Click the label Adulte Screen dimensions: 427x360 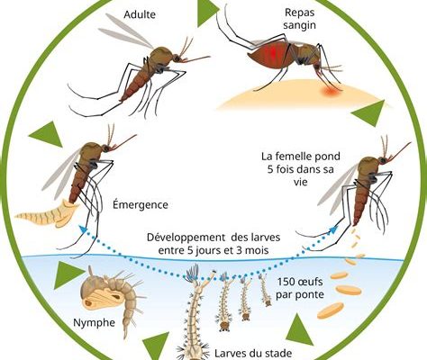click(x=140, y=14)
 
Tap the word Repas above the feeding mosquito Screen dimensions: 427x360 click(x=299, y=13)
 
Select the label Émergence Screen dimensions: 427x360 click(x=141, y=205)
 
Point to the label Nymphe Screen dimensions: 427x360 click(x=94, y=323)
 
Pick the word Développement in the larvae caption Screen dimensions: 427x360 click(x=186, y=238)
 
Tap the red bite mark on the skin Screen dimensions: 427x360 click(x=331, y=91)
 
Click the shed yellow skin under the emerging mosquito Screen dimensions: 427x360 click(x=48, y=214)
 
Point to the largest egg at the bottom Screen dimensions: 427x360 click(x=331, y=310)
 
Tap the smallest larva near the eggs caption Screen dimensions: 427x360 click(x=265, y=290)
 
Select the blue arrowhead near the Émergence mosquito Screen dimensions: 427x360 click(x=83, y=229)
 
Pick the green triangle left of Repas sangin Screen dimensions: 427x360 click(x=207, y=13)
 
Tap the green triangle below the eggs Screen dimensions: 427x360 click(x=300, y=330)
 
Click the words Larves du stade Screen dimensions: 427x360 click(x=253, y=354)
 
